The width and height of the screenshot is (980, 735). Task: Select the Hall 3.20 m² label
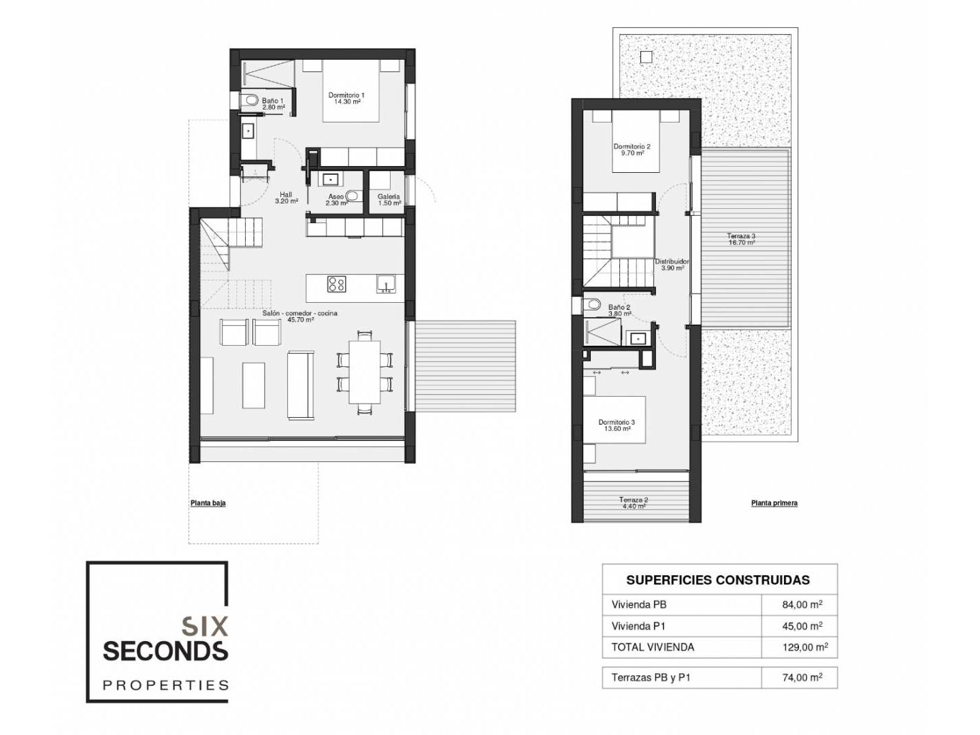[x=287, y=197]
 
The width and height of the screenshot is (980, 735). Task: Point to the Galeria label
[x=389, y=197]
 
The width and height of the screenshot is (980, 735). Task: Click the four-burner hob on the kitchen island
[x=336, y=284]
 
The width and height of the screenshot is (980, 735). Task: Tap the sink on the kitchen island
[x=386, y=284]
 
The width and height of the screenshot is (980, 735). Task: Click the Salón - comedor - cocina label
[x=300, y=313]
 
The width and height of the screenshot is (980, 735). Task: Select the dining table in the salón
[x=365, y=372]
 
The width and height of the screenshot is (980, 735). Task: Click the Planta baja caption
[x=208, y=503]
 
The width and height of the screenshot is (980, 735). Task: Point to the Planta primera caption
[x=774, y=503]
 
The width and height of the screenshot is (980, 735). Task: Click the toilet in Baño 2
[x=592, y=305]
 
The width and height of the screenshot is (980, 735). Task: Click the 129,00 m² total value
[x=805, y=647]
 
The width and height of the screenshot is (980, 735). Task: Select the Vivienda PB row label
[x=639, y=605]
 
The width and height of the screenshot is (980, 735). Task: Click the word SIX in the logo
[x=205, y=625]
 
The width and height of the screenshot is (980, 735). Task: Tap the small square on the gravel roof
[x=646, y=57]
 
